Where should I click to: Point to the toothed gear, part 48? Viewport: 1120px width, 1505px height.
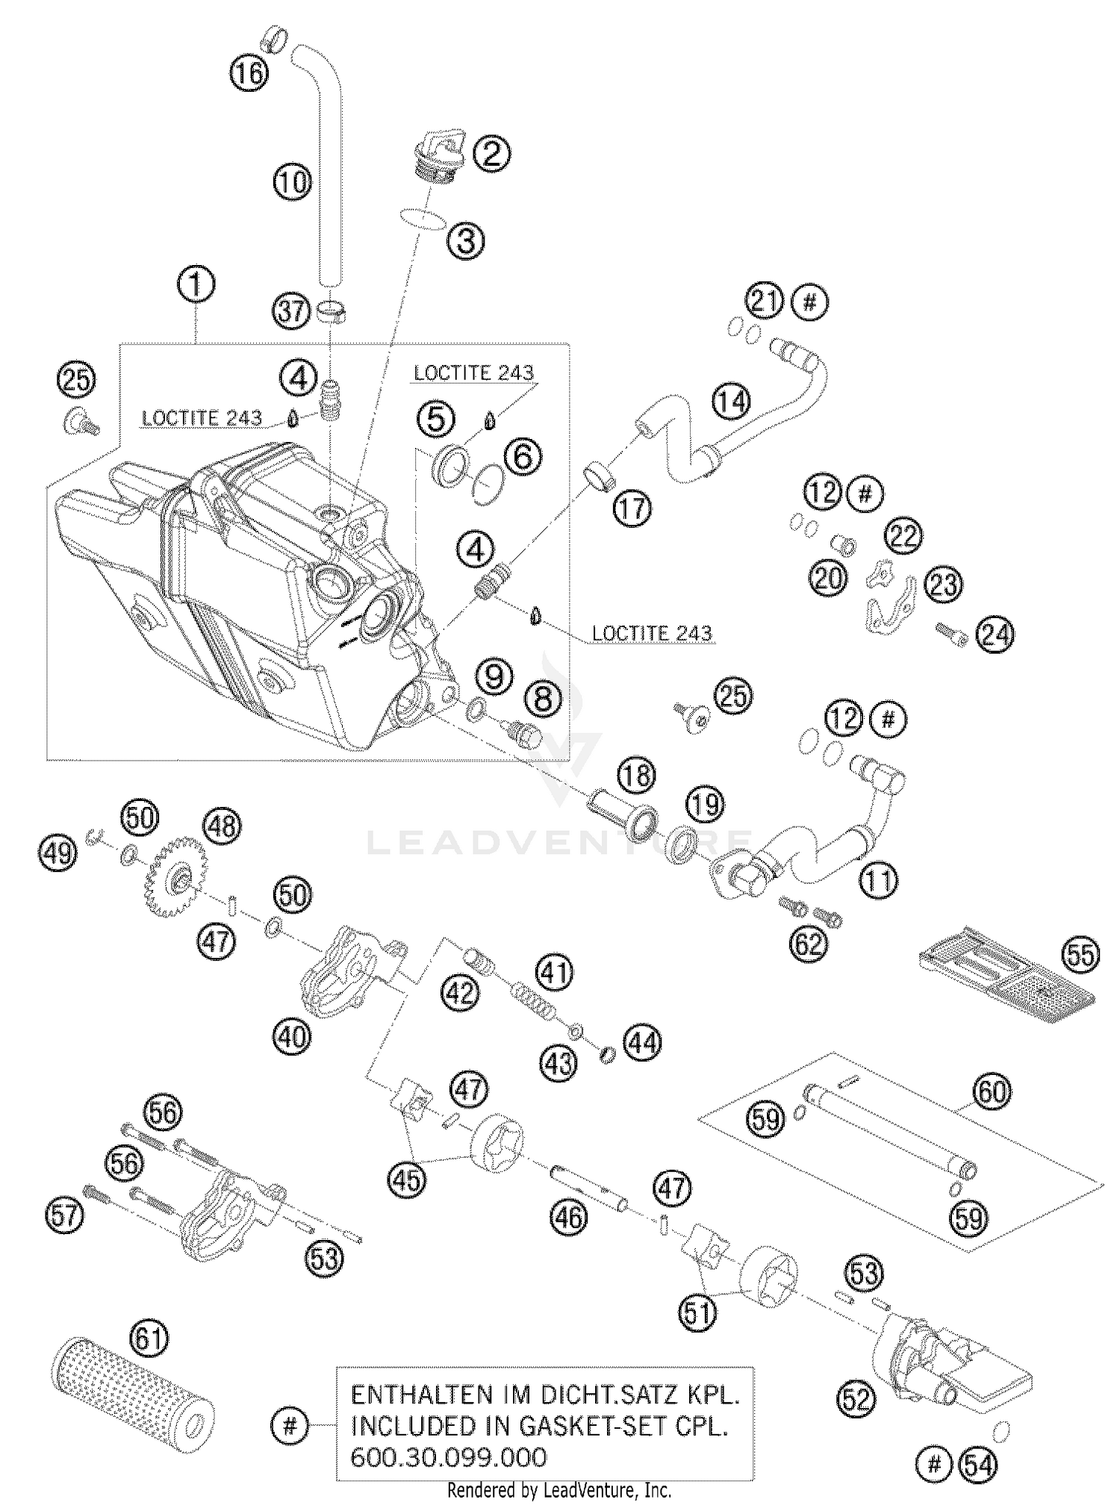(176, 878)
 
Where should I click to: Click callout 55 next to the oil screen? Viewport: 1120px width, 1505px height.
(1080, 955)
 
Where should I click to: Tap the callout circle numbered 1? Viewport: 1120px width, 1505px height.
(196, 285)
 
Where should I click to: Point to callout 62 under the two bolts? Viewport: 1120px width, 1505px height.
(809, 944)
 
